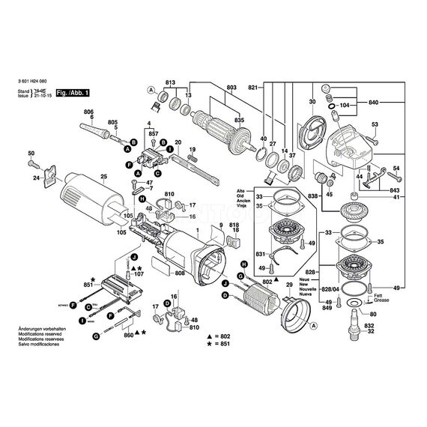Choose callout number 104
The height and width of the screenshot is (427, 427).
click(345, 107)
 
